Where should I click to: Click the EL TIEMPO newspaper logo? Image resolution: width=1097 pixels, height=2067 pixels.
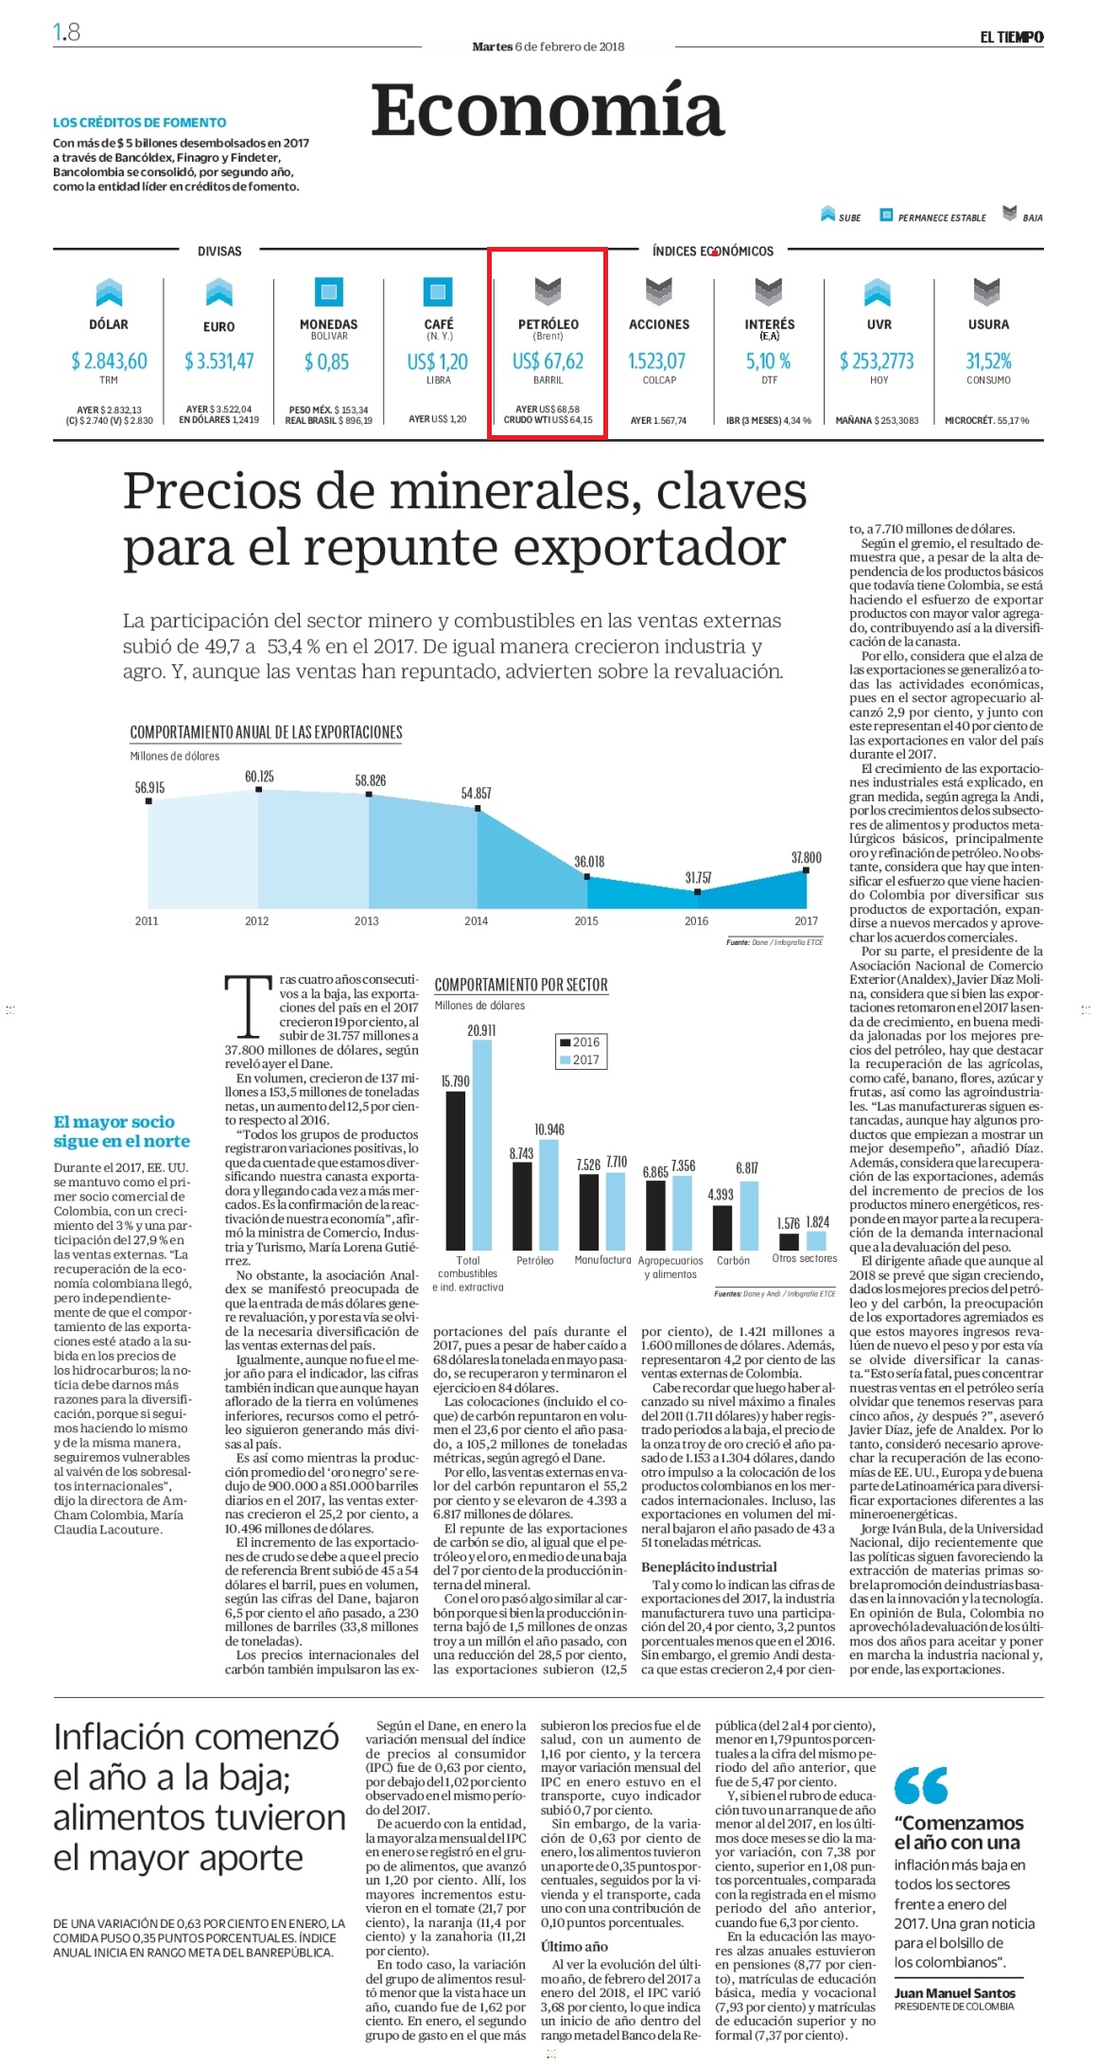tap(1011, 37)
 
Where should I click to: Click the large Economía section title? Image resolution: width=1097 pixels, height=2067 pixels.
tap(548, 110)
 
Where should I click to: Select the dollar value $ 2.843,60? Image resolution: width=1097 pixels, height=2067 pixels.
tap(109, 360)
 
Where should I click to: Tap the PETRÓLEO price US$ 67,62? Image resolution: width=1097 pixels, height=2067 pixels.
tap(548, 361)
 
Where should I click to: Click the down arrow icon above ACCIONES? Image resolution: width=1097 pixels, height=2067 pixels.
tap(659, 292)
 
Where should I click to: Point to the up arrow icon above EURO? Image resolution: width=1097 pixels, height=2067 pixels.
tap(219, 292)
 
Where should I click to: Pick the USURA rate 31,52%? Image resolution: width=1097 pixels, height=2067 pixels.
tap(988, 360)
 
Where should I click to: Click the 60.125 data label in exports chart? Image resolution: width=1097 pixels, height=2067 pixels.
tap(259, 777)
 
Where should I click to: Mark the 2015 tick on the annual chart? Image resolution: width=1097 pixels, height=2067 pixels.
tap(586, 920)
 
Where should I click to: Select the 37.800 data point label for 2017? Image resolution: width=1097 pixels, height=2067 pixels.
tap(806, 857)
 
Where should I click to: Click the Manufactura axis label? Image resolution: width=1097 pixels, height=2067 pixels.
tap(602, 1260)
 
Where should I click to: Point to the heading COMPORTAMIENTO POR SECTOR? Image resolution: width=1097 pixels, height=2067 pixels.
tap(521, 985)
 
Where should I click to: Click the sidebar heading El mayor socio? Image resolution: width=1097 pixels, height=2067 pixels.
tap(114, 1122)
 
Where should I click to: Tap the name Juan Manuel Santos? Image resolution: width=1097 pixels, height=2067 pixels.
tap(955, 1993)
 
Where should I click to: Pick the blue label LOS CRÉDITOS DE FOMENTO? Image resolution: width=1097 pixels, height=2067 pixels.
tap(140, 122)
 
